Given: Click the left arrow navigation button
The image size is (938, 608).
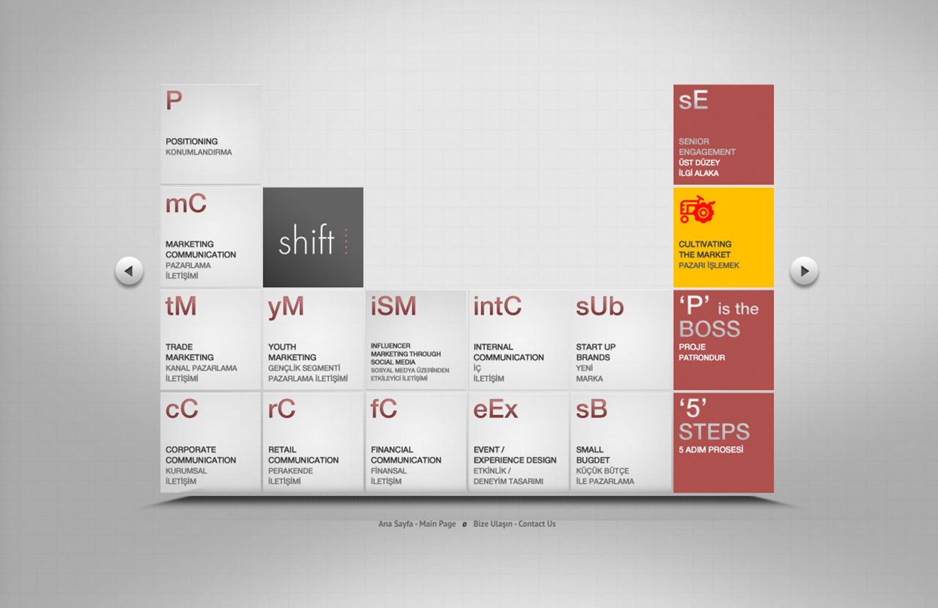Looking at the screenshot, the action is tap(129, 271).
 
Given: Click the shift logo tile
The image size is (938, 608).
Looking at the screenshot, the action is tap(313, 237).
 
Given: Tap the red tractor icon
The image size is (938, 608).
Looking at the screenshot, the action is tap(697, 209).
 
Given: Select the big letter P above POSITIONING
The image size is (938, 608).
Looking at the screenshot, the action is tap(174, 100).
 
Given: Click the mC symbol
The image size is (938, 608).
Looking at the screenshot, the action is tap(186, 203).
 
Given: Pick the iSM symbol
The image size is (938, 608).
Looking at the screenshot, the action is tap(394, 306).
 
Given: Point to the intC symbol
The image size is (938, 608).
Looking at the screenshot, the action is tap(498, 306).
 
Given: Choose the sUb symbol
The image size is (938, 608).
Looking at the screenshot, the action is tap(599, 307).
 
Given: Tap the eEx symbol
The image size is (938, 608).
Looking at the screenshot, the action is tap(495, 409).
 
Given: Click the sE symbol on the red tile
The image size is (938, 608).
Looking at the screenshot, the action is tap(693, 100).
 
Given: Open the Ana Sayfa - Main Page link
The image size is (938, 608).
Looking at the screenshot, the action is tap(417, 524).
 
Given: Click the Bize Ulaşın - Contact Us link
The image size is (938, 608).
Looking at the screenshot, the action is tap(514, 524).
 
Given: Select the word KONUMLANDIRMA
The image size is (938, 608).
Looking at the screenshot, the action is tap(199, 152).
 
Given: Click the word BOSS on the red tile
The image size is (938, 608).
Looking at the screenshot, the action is tap(709, 329).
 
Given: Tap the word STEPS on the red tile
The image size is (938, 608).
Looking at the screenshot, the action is tap(714, 431).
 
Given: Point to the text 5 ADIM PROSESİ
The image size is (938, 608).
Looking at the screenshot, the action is tap(711, 450).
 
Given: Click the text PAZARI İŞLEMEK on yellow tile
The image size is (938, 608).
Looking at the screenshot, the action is tap(709, 265).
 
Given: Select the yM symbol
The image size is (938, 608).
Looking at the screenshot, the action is tap(286, 307).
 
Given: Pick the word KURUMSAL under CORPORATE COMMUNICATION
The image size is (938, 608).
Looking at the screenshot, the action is tap(186, 471).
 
